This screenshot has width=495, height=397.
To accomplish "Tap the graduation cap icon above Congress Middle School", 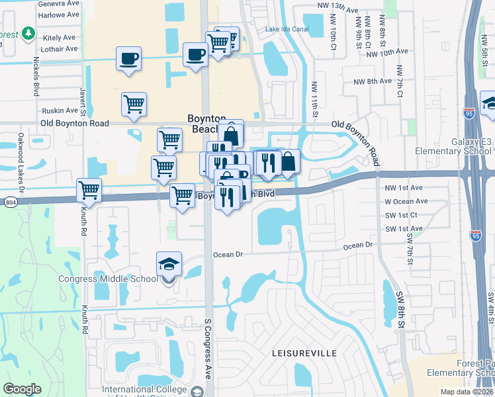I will tap(169, 265).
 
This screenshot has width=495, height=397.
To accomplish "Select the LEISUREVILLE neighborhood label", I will tap(304, 354).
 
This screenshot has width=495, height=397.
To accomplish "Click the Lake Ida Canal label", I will tap(288, 29).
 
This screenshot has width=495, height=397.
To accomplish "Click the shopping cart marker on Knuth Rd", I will tap(89, 191).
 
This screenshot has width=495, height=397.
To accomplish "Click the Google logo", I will tap(22, 388).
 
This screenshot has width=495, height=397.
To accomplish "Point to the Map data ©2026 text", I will tap(466, 392).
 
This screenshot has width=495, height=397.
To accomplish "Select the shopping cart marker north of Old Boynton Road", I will tap(134, 104).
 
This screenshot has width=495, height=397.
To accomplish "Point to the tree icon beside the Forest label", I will tap(28, 32).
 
